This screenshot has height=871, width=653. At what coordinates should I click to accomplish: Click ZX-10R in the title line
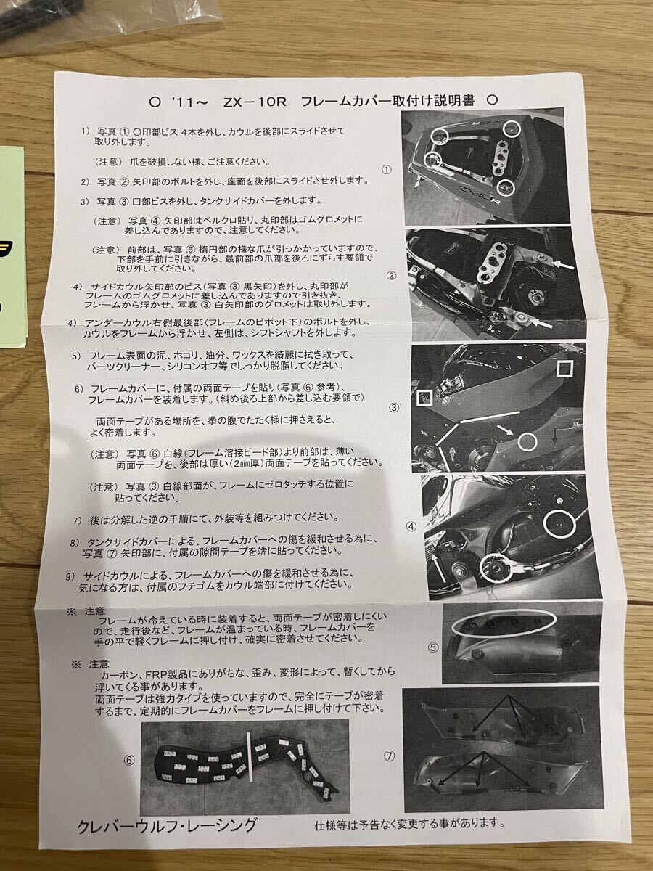pos(255,102)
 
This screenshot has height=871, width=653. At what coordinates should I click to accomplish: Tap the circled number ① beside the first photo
pos(387,170)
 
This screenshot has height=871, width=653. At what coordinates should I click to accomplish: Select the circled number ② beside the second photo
pos(391,275)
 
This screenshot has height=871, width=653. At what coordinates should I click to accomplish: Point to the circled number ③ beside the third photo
pos(394,407)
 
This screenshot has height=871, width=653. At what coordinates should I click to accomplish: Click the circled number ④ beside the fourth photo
pos(411,526)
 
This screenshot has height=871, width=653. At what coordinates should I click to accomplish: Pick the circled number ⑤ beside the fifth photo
pos(433,647)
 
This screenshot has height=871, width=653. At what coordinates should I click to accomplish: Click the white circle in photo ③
pos(527,441)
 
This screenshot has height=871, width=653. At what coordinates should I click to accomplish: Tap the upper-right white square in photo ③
pos(564,367)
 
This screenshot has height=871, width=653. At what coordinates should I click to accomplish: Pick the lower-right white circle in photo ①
pos(506,187)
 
